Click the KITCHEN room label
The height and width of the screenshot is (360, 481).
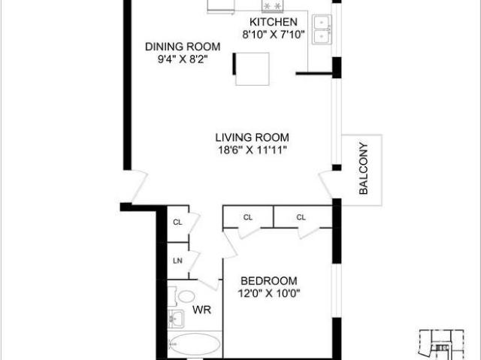269,23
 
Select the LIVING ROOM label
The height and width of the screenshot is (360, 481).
252,138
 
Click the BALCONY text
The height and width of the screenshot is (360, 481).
363,168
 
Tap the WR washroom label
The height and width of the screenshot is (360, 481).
201,309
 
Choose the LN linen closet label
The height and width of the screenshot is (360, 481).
178,261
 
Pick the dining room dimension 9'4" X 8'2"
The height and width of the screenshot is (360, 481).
177,59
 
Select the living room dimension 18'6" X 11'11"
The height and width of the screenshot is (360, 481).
252,150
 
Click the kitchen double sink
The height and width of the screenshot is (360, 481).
322,28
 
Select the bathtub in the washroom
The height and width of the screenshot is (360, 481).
194,346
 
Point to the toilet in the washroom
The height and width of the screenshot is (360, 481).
185,295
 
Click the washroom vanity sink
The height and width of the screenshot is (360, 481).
176,319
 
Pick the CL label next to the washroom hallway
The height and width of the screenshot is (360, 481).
178,222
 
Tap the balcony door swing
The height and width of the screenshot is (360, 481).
329,183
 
